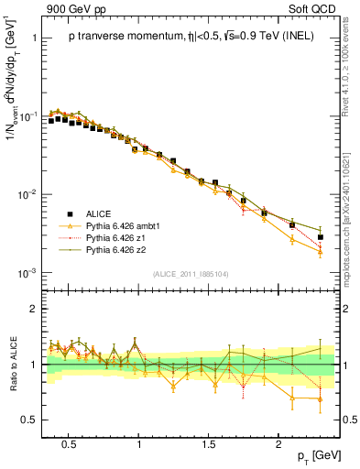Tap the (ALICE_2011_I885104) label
tap(190, 272)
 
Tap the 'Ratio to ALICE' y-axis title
tap(12, 364)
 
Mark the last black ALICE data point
tap(320, 237)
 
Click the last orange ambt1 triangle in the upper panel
tap(320, 252)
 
